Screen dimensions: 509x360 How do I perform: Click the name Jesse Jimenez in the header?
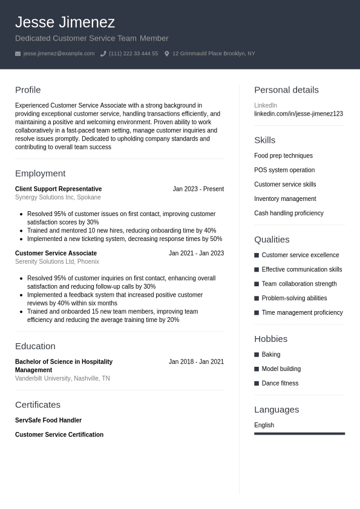pyautogui.click(x=65, y=22)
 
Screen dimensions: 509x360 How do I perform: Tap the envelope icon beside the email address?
pyautogui.click(x=18, y=54)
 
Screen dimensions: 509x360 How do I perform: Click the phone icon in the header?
pyautogui.click(x=103, y=54)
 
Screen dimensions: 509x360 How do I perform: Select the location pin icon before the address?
pyautogui.click(x=167, y=54)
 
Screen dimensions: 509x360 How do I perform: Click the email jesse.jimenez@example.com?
pyautogui.click(x=59, y=54)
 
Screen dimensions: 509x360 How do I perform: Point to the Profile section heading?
pyautogui.click(x=28, y=90)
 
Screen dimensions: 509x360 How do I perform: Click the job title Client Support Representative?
pyautogui.click(x=58, y=189)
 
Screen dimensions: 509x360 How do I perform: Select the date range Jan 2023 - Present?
pyautogui.click(x=198, y=189)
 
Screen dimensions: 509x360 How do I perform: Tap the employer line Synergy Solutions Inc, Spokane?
pyautogui.click(x=58, y=197)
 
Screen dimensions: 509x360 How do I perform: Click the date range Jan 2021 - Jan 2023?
pyautogui.click(x=196, y=253)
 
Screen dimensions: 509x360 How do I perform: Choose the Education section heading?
pyautogui.click(x=35, y=346)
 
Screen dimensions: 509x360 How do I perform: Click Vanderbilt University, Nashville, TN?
pyautogui.click(x=62, y=378)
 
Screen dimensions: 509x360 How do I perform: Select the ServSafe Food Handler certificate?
pyautogui.click(x=48, y=420)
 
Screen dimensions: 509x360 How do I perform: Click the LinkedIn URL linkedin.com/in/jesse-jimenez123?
pyautogui.click(x=298, y=114)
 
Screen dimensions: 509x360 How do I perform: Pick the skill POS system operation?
pyautogui.click(x=284, y=170)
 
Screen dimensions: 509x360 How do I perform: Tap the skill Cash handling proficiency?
pyautogui.click(x=289, y=213)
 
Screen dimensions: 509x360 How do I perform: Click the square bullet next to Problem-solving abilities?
pyautogui.click(x=257, y=298)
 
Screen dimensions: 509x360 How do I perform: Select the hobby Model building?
pyautogui.click(x=281, y=369)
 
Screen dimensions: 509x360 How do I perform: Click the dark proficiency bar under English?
pyautogui.click(x=299, y=433)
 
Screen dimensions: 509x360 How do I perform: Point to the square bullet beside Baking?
pyautogui.click(x=257, y=355)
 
